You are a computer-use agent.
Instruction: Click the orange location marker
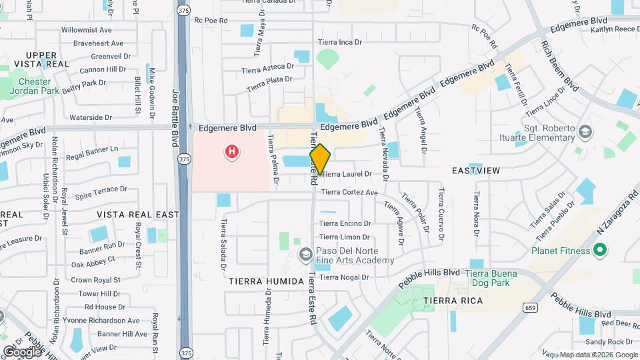tap(320, 159)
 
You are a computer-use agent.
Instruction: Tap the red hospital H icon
tap(232, 153)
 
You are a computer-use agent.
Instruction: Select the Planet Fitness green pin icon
tap(599, 251)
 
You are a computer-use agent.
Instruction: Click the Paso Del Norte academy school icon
tap(305, 254)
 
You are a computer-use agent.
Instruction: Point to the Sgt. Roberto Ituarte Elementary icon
tap(585, 131)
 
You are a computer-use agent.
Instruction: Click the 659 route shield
tap(531, 307)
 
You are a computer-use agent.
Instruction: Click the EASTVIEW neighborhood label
tap(476, 171)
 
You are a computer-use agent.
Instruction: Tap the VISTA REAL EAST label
tap(138, 215)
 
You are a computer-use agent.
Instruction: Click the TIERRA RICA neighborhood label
tap(453, 301)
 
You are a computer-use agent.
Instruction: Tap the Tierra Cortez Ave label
tap(349, 193)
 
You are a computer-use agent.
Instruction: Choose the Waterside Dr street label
tap(91, 117)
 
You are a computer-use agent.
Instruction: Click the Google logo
tap(21, 351)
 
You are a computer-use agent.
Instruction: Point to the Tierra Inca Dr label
tap(339, 42)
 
